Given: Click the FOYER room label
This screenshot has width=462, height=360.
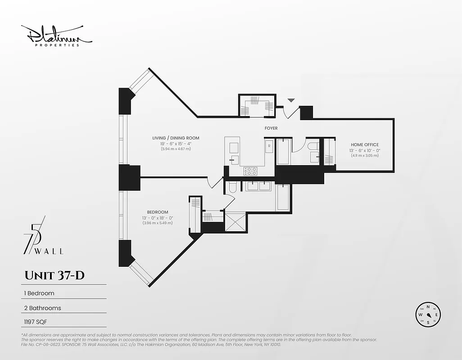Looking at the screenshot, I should [x=271, y=128].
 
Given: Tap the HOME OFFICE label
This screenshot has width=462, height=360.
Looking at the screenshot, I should [x=365, y=145].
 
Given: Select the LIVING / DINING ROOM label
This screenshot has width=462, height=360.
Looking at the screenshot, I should [x=176, y=138].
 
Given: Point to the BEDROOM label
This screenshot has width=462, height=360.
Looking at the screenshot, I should [x=158, y=212].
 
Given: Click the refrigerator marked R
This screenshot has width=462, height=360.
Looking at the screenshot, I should [x=269, y=146].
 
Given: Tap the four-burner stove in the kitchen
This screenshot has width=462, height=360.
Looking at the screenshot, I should [x=250, y=171].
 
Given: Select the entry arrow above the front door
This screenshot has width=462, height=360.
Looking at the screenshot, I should [x=291, y=100].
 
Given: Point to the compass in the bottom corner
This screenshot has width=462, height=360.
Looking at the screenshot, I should [x=428, y=315].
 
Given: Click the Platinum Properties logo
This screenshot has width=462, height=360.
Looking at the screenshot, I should [x=57, y=36].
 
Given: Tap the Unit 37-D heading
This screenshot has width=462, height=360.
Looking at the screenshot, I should [x=54, y=275].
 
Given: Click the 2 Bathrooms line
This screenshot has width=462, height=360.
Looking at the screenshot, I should [x=42, y=308].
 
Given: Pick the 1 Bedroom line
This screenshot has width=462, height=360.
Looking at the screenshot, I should [x=39, y=293].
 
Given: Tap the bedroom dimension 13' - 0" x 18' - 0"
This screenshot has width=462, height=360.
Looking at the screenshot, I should [x=158, y=218].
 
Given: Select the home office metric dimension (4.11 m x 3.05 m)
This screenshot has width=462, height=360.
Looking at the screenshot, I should [x=365, y=156].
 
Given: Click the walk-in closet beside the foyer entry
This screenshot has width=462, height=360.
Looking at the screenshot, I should [x=257, y=106].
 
